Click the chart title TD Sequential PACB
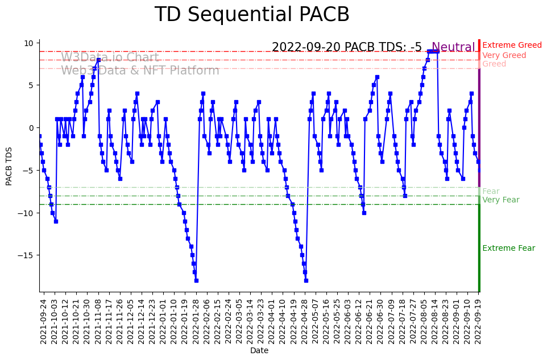(x=252, y=15)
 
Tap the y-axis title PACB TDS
(x=9, y=165)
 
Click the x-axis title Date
(x=259, y=351)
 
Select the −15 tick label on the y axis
(x=26, y=255)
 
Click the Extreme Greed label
(x=512, y=45)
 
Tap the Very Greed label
(x=504, y=56)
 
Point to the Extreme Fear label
(x=508, y=249)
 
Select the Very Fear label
(x=500, y=200)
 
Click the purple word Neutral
(x=453, y=48)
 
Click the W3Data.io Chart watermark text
(x=110, y=57)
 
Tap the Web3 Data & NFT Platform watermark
(x=140, y=71)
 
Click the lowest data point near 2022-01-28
(x=196, y=280)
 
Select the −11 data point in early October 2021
(x=56, y=221)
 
